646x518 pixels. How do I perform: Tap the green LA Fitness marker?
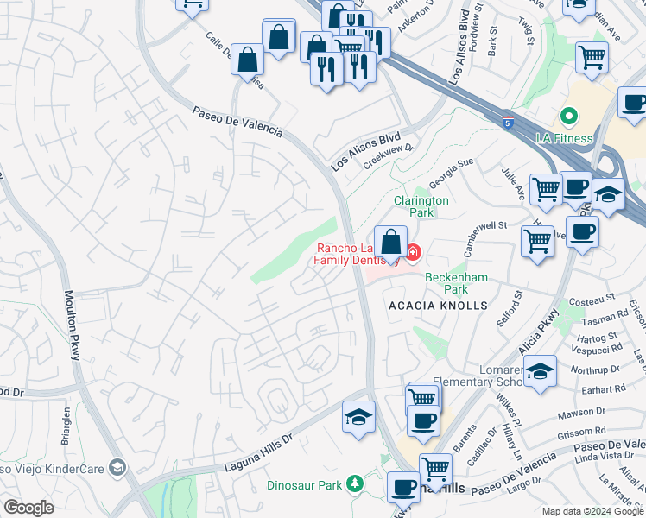pos(568,116)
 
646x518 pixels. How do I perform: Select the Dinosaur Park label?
pos(307,484)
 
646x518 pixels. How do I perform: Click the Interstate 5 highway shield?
pos(508,123)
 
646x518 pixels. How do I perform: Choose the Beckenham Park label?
pos(458,283)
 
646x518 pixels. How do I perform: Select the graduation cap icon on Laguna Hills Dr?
pos(358,418)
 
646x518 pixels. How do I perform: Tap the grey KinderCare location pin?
pos(117,468)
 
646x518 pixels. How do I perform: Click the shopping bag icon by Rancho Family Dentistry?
pos(390,243)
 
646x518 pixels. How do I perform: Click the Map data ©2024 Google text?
pos(592,511)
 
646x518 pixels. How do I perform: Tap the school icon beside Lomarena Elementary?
pos(540,370)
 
